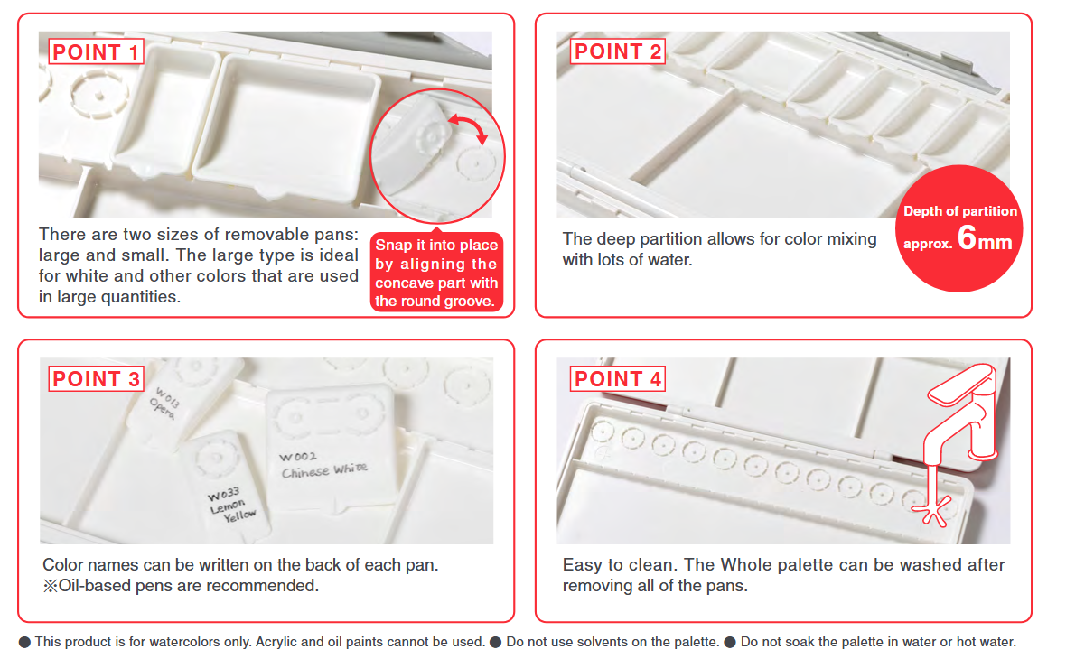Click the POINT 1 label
coord(96,51)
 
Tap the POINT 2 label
coord(617,51)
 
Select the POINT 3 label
coord(96,378)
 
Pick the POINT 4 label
coord(617,378)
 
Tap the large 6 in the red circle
coord(967,237)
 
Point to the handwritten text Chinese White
coord(325,470)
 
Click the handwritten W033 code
coord(224,495)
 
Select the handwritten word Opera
coord(162,410)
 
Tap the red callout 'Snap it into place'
coord(436,245)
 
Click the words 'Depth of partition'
coord(960,211)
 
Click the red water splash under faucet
coord(932,511)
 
